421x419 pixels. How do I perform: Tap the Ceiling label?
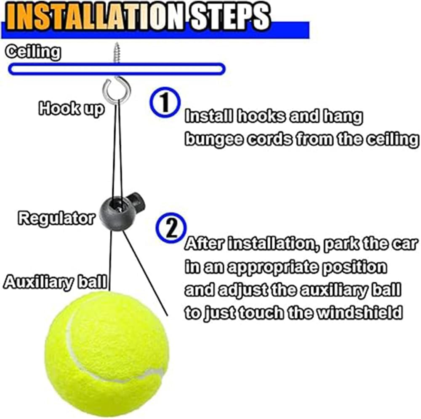coord(33,52)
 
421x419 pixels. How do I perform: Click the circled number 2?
coord(171,227)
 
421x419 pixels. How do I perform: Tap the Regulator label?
coord(56,219)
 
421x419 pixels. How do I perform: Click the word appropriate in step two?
coord(267,267)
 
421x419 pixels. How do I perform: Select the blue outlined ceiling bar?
coord(117,69)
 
